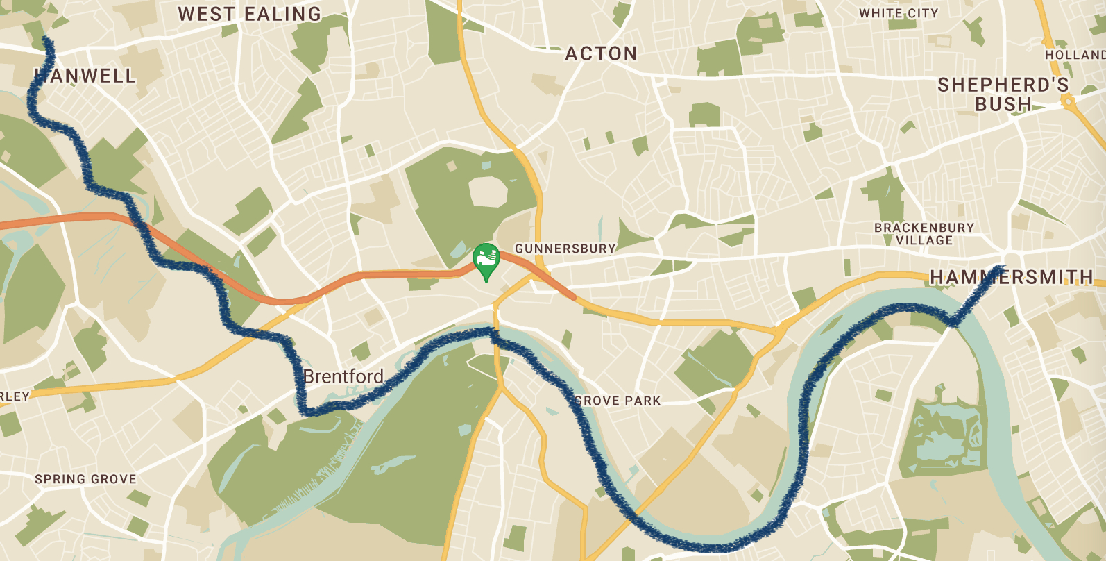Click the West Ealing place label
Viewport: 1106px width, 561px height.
coord(250,14)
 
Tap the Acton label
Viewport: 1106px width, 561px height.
coord(601,54)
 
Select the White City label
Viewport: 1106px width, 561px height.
coord(899,13)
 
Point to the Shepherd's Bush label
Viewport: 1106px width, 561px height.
coord(1003,94)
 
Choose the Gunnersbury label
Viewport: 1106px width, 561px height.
coord(565,249)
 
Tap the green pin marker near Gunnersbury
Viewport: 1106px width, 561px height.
coord(486,258)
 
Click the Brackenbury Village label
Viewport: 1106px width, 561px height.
coord(924,234)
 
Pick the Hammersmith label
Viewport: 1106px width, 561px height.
coord(1011,278)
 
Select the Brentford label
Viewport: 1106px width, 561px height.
coord(343,377)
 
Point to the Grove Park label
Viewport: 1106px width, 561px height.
coord(618,401)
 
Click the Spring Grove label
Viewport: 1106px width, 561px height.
coord(85,479)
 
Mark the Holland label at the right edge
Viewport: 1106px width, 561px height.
coord(1075,55)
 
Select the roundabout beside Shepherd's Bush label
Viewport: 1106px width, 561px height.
coord(1068,102)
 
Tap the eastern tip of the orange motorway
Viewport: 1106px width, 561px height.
coord(573,296)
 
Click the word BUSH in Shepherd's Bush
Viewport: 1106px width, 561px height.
coord(1003,105)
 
